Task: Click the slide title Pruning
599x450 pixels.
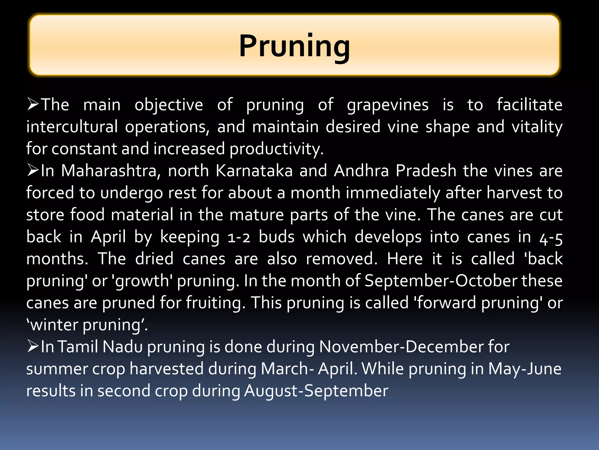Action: [x=295, y=46]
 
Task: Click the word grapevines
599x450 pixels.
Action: [x=388, y=105]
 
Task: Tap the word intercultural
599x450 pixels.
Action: [x=72, y=127]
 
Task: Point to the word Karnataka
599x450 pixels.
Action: [x=254, y=171]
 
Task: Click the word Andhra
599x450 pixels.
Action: [x=361, y=171]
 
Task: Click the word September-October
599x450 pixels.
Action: [x=441, y=281]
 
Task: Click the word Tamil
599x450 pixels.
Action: [x=78, y=347]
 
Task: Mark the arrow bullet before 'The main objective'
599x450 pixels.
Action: [x=33, y=104]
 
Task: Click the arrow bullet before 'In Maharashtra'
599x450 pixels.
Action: [x=33, y=170]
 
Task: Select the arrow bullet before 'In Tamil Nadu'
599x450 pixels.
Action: [x=33, y=346]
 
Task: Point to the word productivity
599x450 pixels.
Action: [x=276, y=149]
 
